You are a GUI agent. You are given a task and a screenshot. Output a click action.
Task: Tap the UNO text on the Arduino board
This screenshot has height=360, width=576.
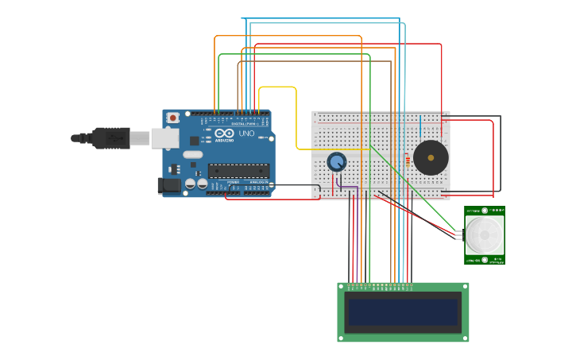point(246,134)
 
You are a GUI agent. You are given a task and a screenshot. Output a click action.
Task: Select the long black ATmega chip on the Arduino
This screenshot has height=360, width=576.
point(238,170)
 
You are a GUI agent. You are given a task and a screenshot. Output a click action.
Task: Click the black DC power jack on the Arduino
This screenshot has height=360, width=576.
point(169,186)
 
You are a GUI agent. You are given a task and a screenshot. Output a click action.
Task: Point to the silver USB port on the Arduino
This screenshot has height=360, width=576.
point(164,137)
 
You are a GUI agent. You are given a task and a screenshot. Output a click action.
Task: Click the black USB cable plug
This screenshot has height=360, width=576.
point(110,137)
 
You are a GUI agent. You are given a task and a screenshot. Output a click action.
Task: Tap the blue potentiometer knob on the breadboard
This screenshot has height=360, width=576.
point(337,161)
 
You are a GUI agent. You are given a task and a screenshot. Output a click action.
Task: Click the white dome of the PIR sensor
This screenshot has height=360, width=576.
point(485,234)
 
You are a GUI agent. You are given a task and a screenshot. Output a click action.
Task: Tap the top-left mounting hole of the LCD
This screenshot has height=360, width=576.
point(342,287)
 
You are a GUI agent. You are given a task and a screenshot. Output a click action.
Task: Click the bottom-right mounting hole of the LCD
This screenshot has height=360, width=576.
point(465,338)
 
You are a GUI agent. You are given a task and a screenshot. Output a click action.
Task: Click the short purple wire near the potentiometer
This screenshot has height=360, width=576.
point(346,188)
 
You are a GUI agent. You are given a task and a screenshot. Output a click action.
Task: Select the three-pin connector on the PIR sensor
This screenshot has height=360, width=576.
point(460,234)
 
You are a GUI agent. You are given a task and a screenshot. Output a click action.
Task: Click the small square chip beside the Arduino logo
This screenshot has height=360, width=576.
point(194,141)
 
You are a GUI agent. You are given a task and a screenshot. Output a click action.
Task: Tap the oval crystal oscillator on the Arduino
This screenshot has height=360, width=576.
point(193,154)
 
